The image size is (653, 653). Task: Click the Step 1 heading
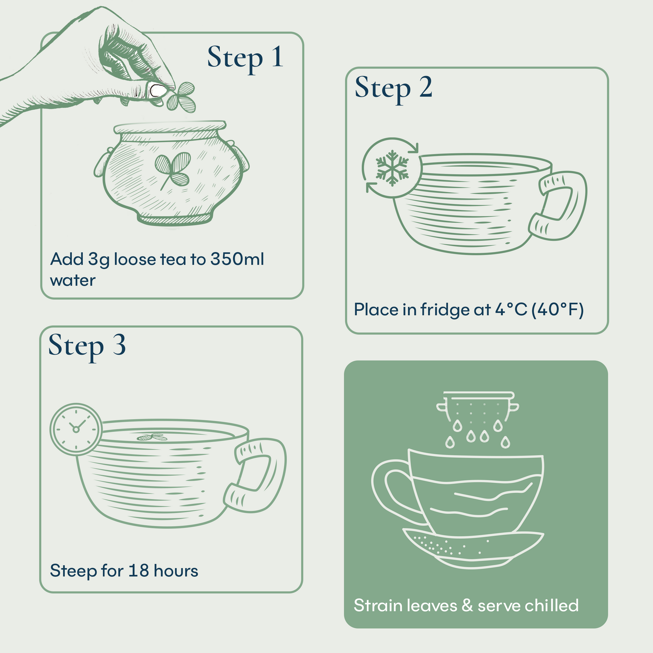(x=245, y=58)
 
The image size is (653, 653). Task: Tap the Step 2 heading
(x=393, y=88)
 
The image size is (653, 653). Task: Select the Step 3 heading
(x=87, y=346)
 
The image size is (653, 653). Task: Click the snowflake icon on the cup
(x=392, y=168)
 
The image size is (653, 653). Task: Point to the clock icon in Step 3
(x=76, y=429)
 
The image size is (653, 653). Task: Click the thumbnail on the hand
(x=157, y=91)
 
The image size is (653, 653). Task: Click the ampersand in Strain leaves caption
(x=467, y=606)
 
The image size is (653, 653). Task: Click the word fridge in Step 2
(x=444, y=310)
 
